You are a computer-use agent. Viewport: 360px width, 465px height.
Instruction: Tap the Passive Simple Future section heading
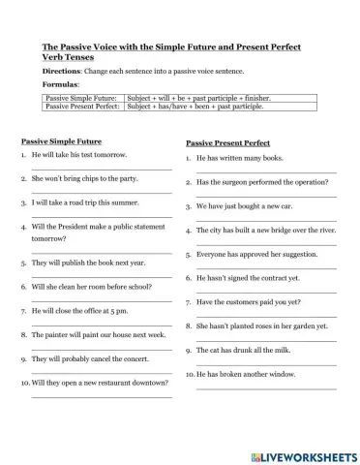click(61, 141)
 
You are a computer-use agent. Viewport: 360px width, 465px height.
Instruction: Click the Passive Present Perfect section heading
click(230, 142)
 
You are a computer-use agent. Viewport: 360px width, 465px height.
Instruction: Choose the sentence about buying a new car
click(243, 205)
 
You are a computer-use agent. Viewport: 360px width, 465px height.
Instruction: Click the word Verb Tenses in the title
click(70, 57)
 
